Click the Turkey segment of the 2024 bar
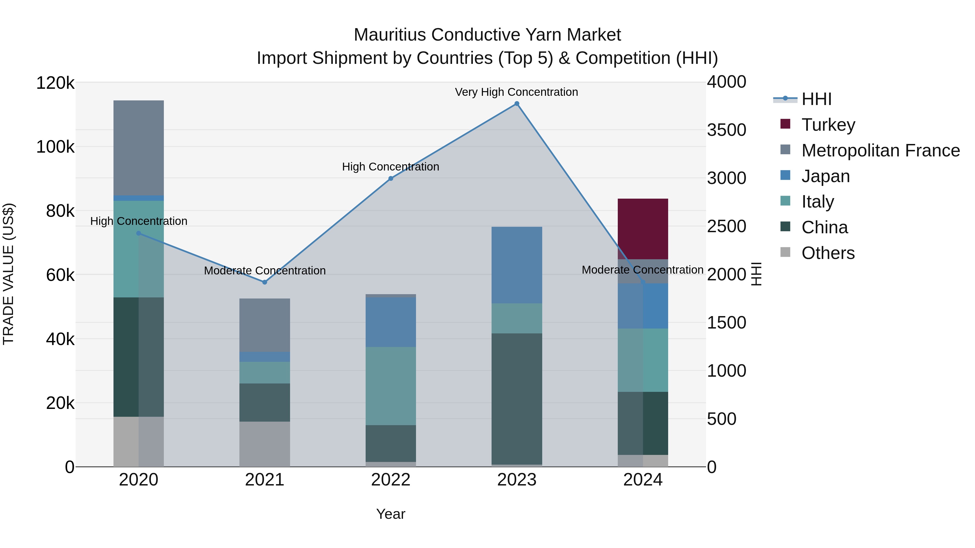642,229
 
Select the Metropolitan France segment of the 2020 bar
138,147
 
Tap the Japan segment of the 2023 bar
517,265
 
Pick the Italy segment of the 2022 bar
391,386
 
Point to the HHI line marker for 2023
517,104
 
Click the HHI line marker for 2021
265,282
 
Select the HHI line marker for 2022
391,179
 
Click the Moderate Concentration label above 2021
265,271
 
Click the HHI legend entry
816,99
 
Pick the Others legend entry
827,253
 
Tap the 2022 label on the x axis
391,480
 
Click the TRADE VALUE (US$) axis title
8,274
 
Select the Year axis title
391,514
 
